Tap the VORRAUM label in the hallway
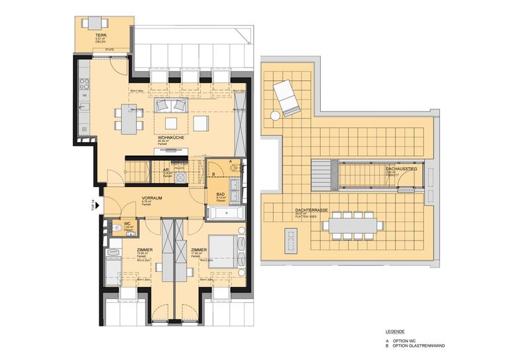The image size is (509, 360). tap(152, 198)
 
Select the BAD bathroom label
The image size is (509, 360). tap(220, 194)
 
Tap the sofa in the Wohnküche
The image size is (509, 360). tap(171, 105)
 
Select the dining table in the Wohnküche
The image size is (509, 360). tap(129, 118)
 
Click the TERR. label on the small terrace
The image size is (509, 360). tap(101, 35)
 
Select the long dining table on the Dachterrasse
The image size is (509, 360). tap(351, 225)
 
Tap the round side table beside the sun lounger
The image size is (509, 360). tap(274, 116)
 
